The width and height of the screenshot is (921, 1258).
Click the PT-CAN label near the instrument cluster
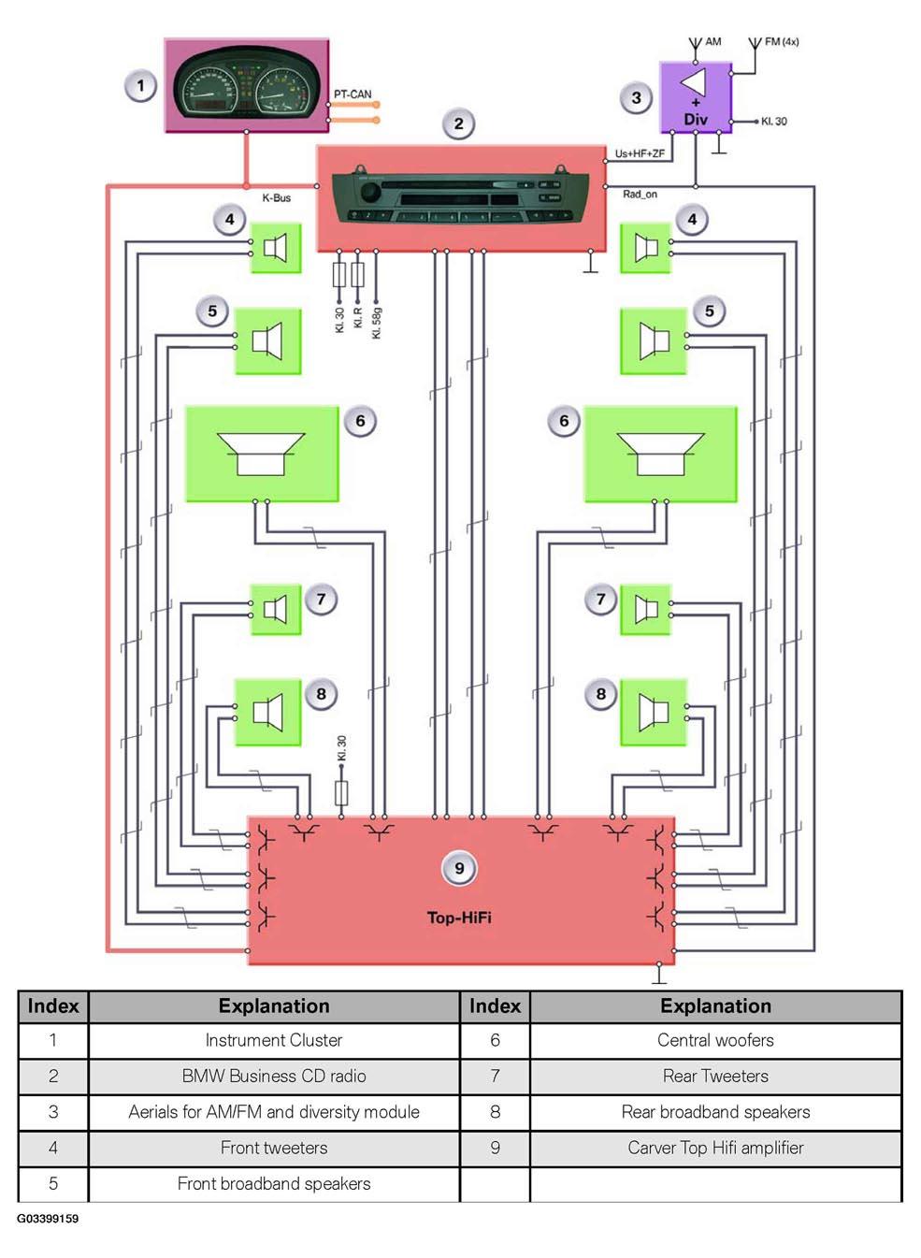(x=353, y=94)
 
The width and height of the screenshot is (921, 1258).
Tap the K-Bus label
(x=277, y=197)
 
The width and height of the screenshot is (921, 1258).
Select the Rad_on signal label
(x=640, y=195)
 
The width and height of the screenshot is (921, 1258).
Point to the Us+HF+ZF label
(x=640, y=153)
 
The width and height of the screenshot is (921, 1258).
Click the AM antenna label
(x=713, y=41)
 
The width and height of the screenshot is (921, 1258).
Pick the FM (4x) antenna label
(x=782, y=41)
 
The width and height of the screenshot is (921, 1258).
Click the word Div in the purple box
(x=696, y=119)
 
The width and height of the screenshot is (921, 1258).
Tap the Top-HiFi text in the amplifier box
(x=459, y=918)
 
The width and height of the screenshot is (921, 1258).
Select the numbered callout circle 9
(x=459, y=868)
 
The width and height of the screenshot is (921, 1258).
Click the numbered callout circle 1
(x=140, y=86)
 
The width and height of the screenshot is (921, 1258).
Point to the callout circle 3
(x=636, y=97)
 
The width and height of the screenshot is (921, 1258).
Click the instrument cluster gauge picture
(x=247, y=85)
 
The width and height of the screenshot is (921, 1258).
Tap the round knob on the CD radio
(x=369, y=192)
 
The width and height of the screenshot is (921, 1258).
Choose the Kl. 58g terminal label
(x=377, y=323)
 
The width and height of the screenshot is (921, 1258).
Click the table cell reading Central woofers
(x=715, y=1041)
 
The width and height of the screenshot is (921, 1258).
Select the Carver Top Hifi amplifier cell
(x=715, y=1148)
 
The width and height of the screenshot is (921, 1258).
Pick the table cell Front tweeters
(x=274, y=1148)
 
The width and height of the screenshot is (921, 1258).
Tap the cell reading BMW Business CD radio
(x=274, y=1076)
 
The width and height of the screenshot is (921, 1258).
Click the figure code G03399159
(x=48, y=1219)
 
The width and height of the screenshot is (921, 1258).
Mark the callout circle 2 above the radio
(x=459, y=123)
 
